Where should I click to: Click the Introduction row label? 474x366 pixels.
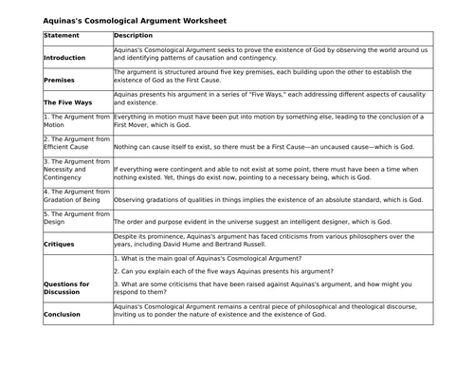[64, 58]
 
